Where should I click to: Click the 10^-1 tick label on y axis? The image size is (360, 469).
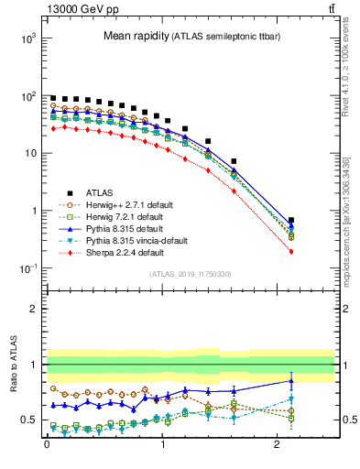(24, 268)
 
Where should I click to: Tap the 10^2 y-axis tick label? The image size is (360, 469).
(24, 96)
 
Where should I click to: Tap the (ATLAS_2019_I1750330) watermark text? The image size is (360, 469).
(190, 274)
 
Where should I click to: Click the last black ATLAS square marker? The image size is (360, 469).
(291, 221)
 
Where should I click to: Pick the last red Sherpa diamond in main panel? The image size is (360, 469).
(291, 251)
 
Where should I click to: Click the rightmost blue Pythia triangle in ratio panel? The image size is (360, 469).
(291, 380)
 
